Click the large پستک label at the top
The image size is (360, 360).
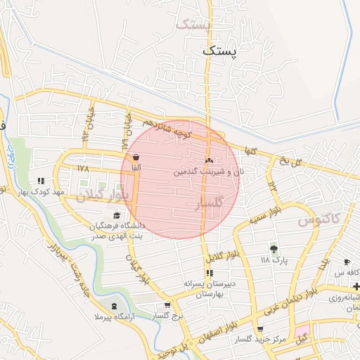(219, 51)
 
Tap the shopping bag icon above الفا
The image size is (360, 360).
(135, 157)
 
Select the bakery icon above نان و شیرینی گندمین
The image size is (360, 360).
(209, 160)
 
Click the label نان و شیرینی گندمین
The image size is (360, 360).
(209, 171)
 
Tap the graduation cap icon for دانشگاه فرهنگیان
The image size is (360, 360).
(116, 216)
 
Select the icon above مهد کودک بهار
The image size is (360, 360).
(41, 181)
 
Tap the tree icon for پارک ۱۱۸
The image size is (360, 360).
(273, 248)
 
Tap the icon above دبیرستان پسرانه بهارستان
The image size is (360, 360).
(209, 273)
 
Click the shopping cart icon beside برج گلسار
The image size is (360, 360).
(167, 305)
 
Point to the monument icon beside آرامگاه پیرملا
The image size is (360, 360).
(115, 306)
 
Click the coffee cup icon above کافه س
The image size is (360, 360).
(347, 262)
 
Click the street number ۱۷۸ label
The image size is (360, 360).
(84, 169)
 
